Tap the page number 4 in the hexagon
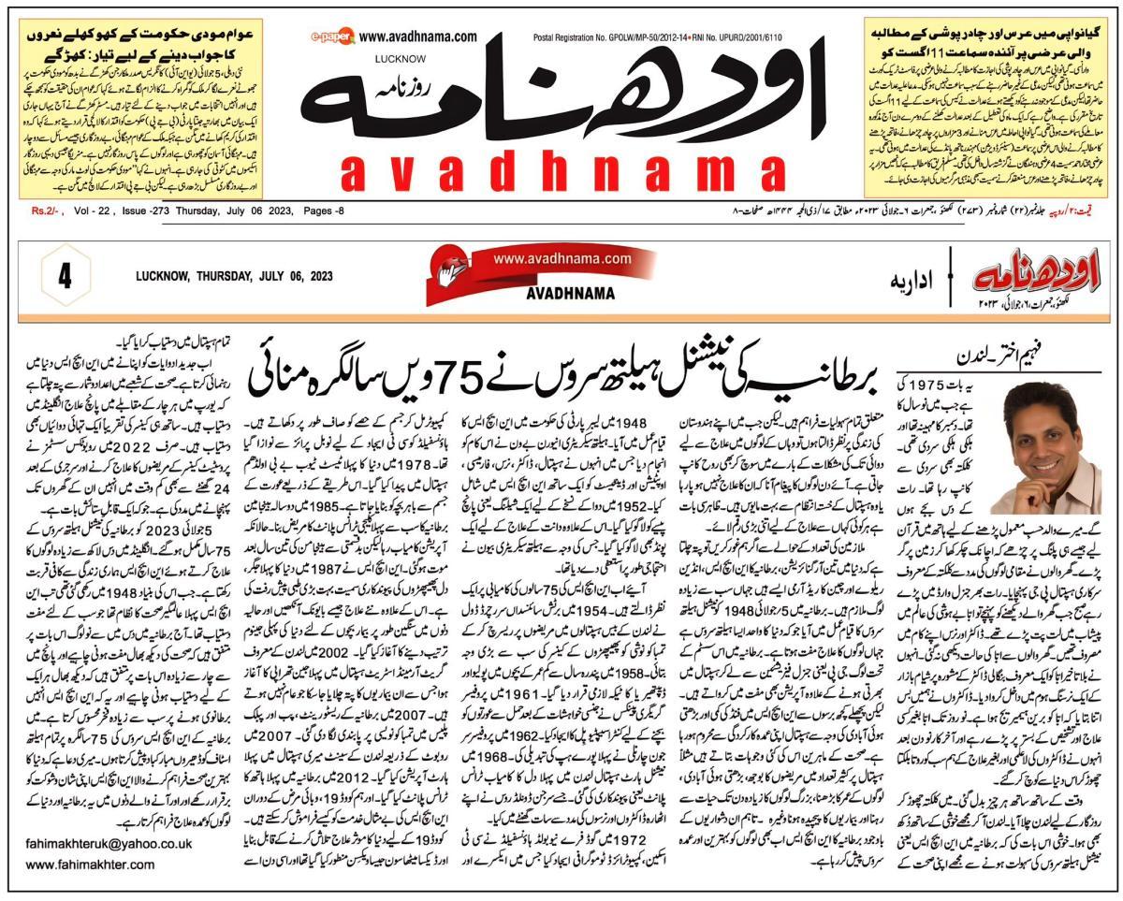click(x=66, y=279)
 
